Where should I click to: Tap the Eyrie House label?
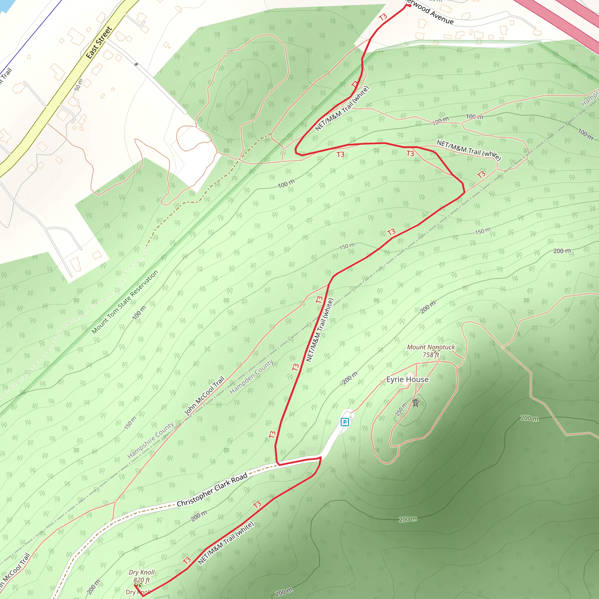coord(407,379)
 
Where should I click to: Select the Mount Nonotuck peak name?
coord(431,347)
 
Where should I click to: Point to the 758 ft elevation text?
coord(431,355)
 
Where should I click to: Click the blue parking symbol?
coord(345,422)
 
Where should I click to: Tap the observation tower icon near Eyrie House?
coord(415,403)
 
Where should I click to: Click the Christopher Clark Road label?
coord(212,490)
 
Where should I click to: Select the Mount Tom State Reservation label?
coord(125,302)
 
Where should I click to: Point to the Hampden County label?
coord(251,377)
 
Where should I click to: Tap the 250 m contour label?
coord(401,409)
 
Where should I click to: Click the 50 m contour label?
coord(78,85)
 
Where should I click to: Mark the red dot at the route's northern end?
coord(409,5)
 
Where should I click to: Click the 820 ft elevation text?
coord(141,580)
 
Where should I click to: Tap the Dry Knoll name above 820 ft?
coord(141,572)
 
